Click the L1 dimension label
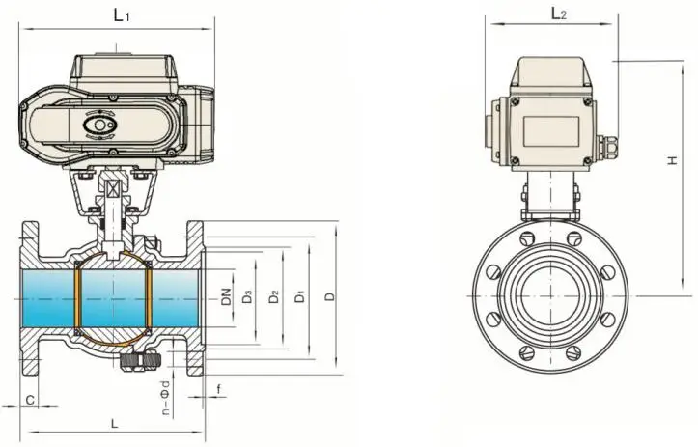point(122,16)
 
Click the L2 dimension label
point(559,14)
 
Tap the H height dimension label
point(673,160)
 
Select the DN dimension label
point(226,297)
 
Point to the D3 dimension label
point(247,297)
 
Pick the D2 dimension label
point(274,297)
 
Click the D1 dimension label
point(300,297)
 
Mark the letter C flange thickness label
point(30,401)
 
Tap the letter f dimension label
point(218,390)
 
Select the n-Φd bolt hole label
point(166,398)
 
